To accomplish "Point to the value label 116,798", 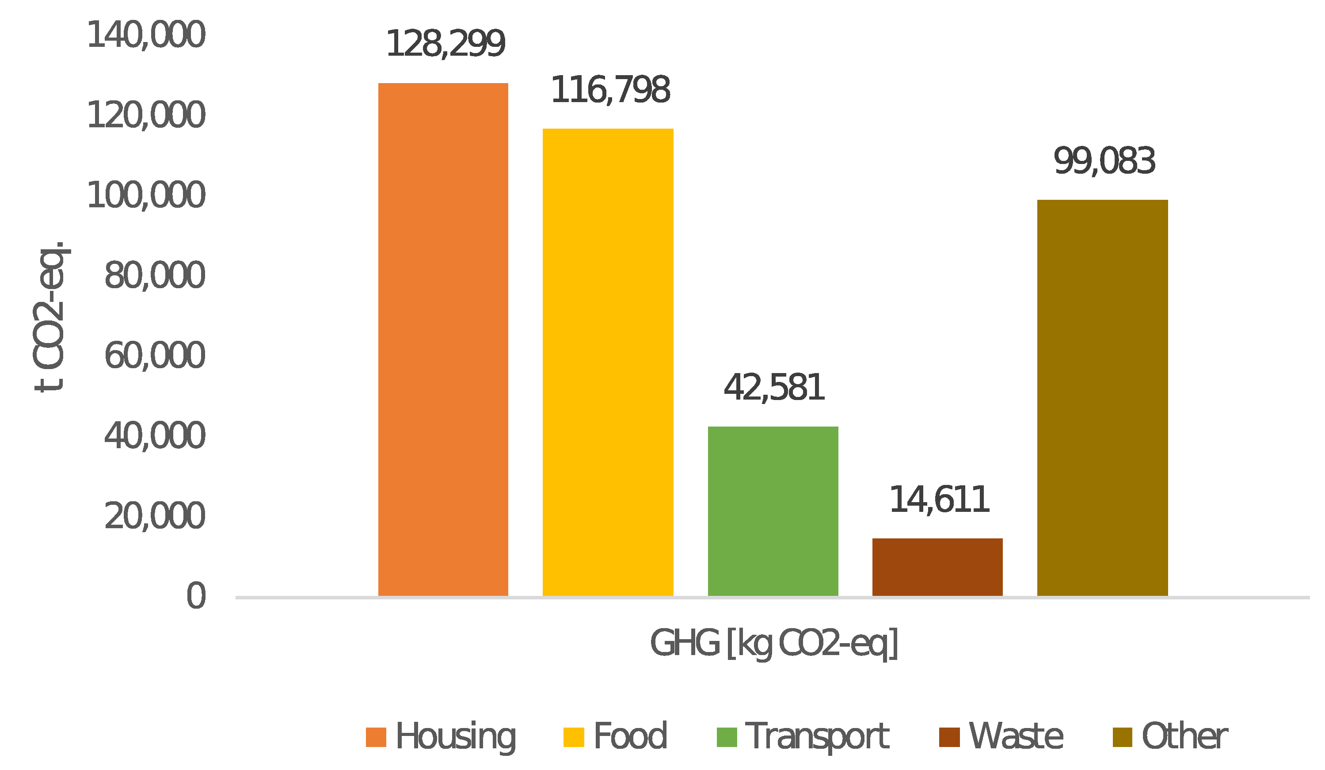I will click(x=610, y=90).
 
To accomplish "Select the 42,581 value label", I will click(x=773, y=388).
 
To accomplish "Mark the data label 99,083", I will click(x=1104, y=161).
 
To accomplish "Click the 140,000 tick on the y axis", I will click(x=146, y=35).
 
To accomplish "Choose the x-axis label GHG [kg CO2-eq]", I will click(x=773, y=643).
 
